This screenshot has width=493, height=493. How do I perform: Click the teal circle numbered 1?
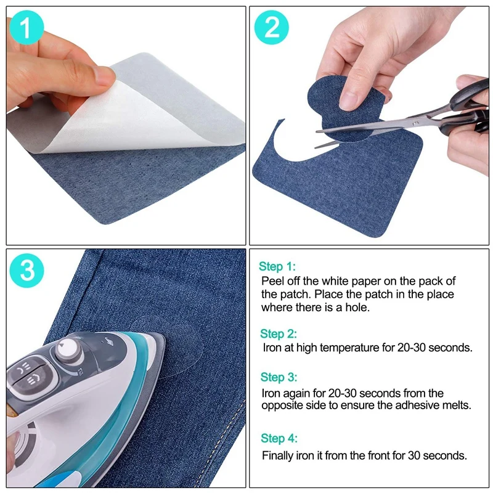click(x=26, y=28)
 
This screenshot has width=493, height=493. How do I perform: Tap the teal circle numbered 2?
click(x=271, y=27)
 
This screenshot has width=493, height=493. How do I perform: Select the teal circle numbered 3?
click(x=26, y=271)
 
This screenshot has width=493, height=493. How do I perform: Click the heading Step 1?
click(x=277, y=266)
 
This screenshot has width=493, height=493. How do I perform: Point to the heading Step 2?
click(x=279, y=333)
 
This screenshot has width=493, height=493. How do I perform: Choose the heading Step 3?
click(x=279, y=377)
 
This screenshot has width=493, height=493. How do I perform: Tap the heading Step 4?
click(x=279, y=438)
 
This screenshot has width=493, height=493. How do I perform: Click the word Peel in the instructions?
click(x=273, y=281)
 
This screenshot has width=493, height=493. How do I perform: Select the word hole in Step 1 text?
click(x=357, y=307)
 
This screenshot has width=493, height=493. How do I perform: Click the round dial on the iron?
click(x=68, y=348)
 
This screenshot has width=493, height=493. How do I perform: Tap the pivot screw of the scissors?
click(x=415, y=123)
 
